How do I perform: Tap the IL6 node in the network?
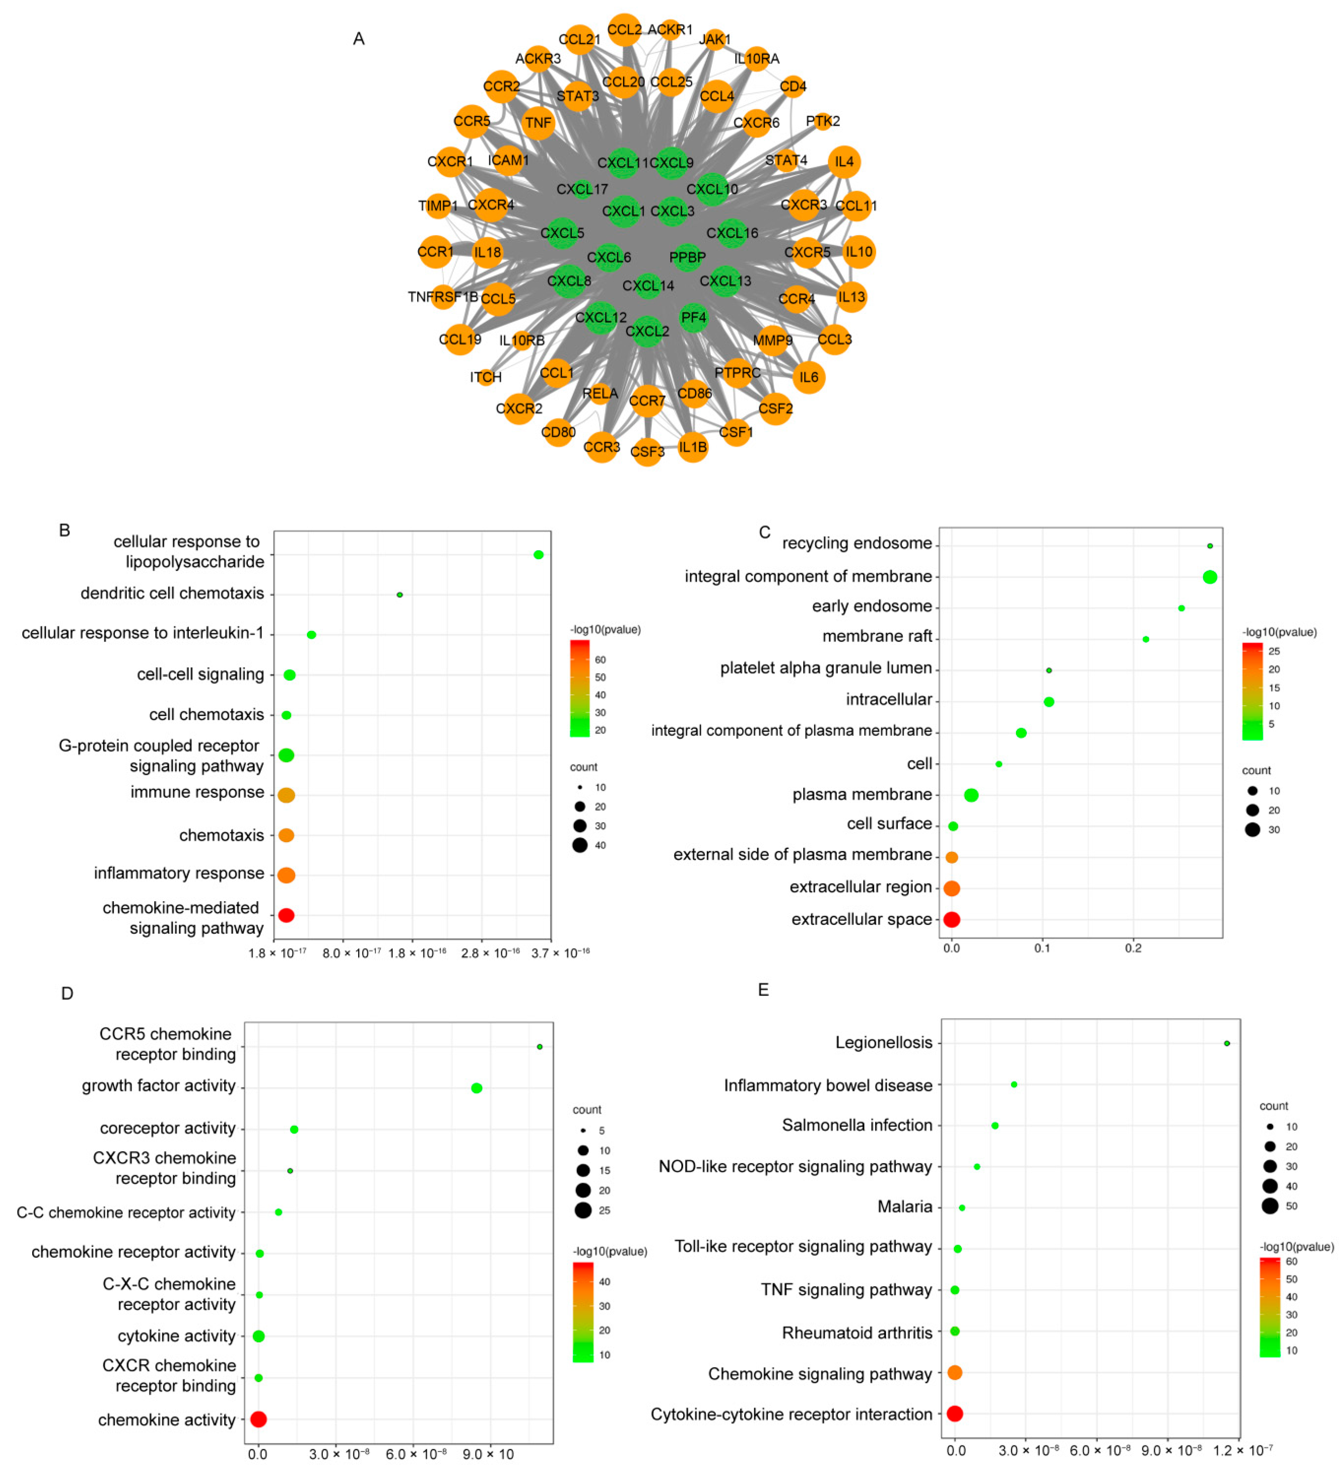(808, 377)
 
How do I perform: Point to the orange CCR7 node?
(647, 401)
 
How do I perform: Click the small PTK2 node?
(823, 121)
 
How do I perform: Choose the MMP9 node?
(772, 340)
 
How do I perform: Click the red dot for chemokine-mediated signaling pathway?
(286, 915)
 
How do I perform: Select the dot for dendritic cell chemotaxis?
(399, 595)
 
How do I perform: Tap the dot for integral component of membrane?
(1210, 577)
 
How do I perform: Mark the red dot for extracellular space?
(951, 919)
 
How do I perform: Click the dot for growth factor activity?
(477, 1088)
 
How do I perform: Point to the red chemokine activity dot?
(258, 1419)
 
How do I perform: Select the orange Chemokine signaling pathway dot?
(954, 1372)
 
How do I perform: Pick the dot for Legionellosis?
(1226, 1043)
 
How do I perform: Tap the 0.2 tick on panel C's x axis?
(1133, 948)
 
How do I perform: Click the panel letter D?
(67, 993)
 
